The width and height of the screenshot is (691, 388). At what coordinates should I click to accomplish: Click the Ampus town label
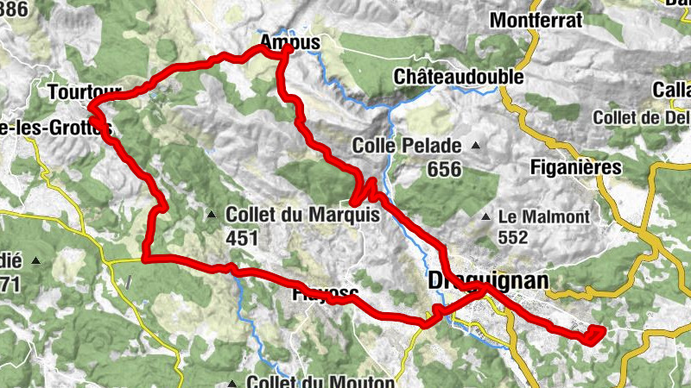[289, 41]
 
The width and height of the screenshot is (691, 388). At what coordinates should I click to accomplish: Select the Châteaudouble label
[459, 77]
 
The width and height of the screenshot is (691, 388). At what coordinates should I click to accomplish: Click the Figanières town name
[576, 168]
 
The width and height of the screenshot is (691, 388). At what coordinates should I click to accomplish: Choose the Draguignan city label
[488, 280]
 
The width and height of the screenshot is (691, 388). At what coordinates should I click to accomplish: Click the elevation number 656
[444, 170]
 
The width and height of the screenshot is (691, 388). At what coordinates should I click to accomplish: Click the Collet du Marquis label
[301, 215]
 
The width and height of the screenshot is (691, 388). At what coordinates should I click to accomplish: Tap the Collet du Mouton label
[320, 381]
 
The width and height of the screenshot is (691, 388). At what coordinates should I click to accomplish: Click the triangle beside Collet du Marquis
[212, 215]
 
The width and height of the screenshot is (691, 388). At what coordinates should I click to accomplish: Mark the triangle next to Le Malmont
[486, 216]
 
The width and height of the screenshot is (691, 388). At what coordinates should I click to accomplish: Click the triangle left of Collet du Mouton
[232, 382]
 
